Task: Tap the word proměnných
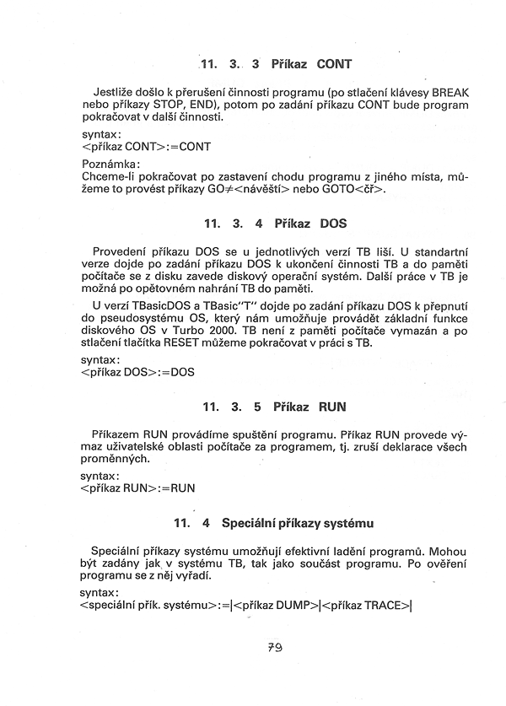[x=121, y=458]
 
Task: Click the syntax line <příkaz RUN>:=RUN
[x=138, y=488]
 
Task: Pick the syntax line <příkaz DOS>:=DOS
[x=138, y=371]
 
